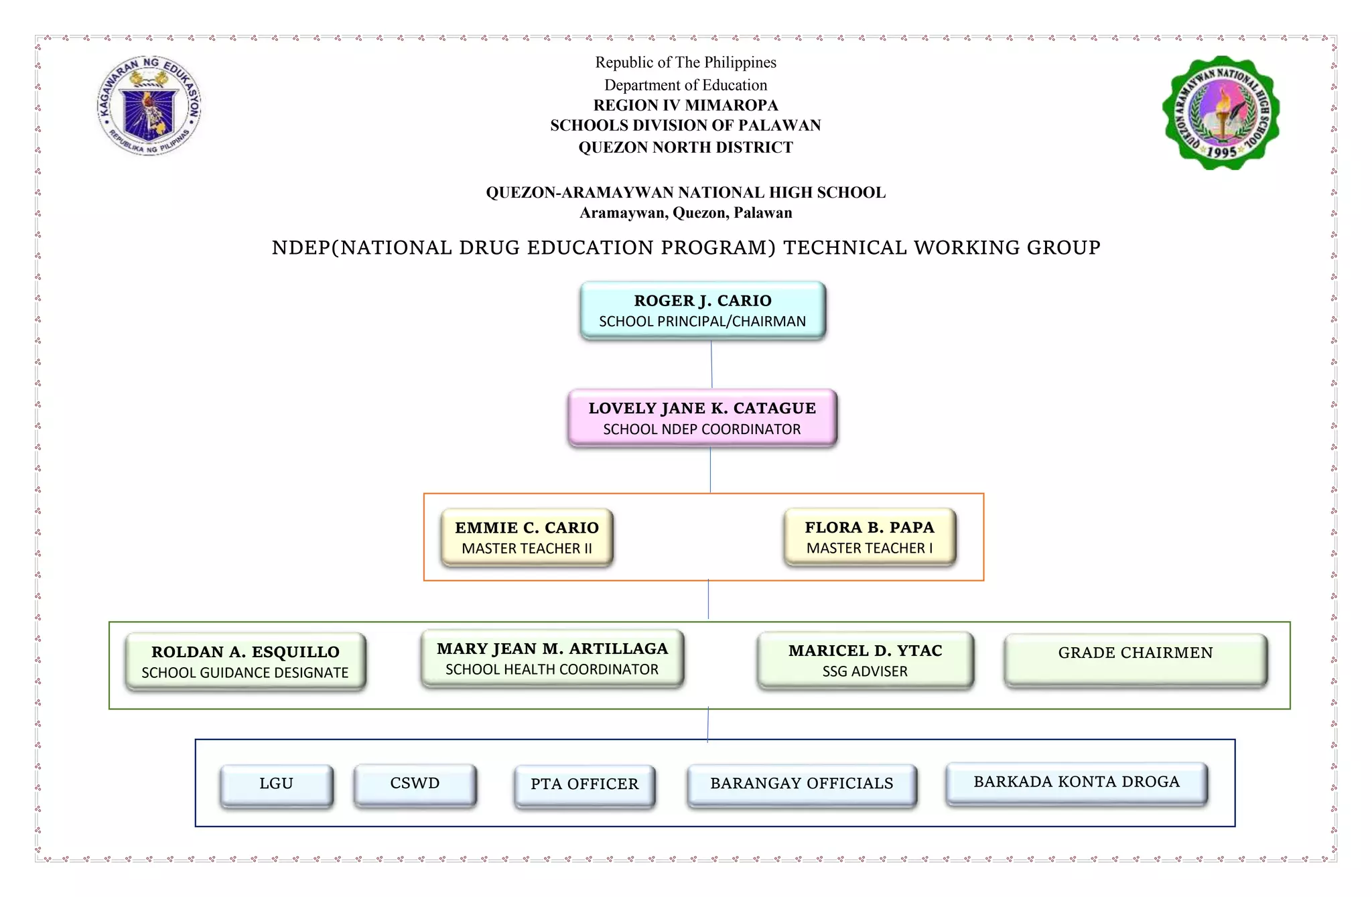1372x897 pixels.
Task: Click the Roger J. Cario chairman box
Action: (703, 310)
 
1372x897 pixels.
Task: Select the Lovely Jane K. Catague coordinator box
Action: (702, 418)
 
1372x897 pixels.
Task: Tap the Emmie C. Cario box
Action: (527, 537)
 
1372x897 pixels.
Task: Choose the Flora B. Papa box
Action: (870, 537)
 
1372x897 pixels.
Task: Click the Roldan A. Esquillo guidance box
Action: (245, 661)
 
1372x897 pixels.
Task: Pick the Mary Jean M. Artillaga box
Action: (552, 659)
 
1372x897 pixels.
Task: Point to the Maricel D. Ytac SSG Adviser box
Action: (865, 660)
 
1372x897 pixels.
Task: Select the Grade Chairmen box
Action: (1136, 660)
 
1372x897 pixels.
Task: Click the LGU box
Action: (276, 784)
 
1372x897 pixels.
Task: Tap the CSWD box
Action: (415, 784)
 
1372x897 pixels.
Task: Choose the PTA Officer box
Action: (584, 785)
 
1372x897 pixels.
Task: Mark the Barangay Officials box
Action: (801, 784)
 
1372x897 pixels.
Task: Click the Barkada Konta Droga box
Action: (1077, 783)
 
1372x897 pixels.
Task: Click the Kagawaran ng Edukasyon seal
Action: (149, 106)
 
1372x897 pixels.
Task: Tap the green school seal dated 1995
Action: (1221, 113)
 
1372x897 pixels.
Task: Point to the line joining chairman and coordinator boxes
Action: (711, 364)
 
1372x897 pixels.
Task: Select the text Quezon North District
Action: (685, 147)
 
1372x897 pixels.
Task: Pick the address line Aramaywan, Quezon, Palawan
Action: (685, 213)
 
